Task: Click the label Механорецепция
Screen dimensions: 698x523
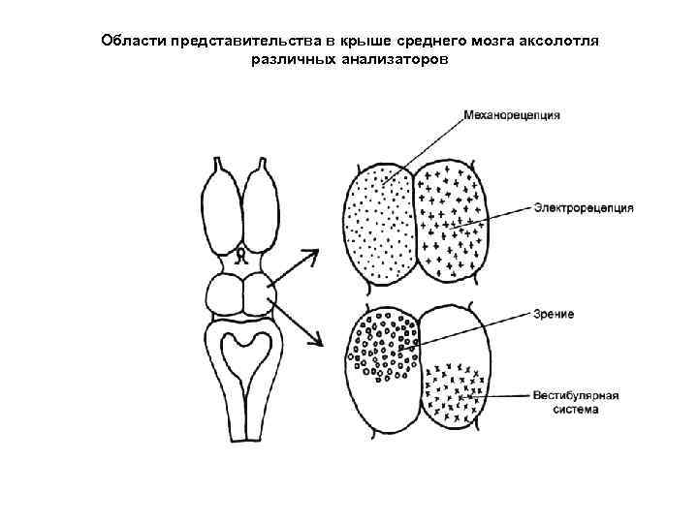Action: tap(512, 115)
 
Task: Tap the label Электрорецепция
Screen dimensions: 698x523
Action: tap(584, 206)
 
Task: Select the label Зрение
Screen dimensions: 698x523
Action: tap(554, 314)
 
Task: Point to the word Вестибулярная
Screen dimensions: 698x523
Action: tap(576, 395)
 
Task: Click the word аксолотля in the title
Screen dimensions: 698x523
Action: tap(564, 42)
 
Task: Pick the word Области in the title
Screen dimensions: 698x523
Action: tap(133, 42)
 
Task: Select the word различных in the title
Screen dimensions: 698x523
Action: tap(288, 60)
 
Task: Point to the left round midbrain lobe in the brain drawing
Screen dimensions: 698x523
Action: tap(226, 295)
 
